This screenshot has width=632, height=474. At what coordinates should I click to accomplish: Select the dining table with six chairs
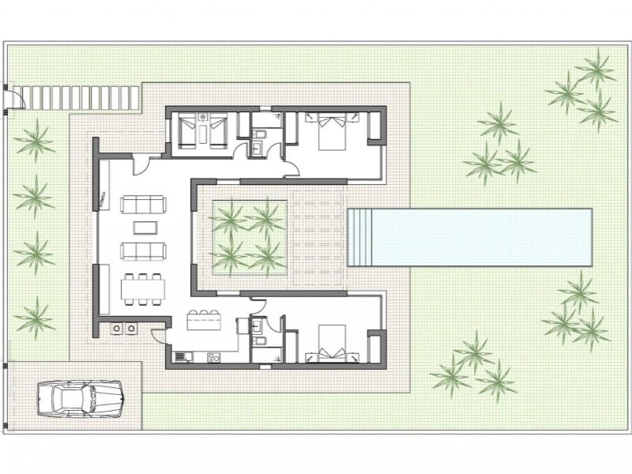[x=143, y=289]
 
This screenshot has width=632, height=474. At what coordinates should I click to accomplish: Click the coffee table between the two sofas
[x=145, y=228]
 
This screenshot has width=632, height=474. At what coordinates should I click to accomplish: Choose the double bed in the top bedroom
[x=332, y=130]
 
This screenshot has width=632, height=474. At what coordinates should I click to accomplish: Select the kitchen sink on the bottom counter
[x=213, y=358]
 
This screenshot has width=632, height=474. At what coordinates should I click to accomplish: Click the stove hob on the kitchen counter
[x=182, y=358]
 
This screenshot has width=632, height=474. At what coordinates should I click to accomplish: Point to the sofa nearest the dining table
[x=143, y=251]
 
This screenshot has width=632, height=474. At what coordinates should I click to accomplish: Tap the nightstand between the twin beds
[x=203, y=119]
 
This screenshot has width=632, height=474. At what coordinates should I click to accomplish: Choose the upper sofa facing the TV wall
[x=143, y=205]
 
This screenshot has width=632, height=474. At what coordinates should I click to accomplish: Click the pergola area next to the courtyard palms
[x=318, y=237]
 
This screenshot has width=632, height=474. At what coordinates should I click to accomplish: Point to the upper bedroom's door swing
[x=291, y=168]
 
